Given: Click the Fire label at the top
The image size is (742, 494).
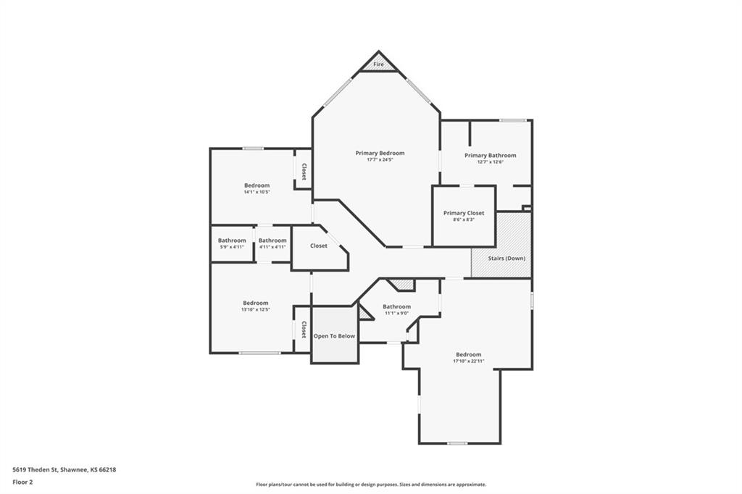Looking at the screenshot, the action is click(x=378, y=64).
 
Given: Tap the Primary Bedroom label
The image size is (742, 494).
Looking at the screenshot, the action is click(x=380, y=153).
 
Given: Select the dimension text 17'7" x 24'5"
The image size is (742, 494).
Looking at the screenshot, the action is click(x=380, y=160).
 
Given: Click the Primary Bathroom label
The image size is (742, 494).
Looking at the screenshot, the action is click(x=491, y=155).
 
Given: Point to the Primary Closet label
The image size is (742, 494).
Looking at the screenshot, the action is click(x=464, y=213).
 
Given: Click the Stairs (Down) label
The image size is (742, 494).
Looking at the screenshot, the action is click(x=507, y=259).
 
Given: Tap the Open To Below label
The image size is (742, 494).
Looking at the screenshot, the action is click(x=334, y=336).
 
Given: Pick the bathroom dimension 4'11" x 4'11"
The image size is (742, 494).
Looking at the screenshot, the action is click(x=272, y=247).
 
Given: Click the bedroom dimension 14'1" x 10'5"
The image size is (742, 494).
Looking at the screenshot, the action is click(x=257, y=192).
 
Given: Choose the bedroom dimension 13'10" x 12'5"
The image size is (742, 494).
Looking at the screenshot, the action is click(x=256, y=309).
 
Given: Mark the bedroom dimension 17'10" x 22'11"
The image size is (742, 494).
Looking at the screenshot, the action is click(x=469, y=361).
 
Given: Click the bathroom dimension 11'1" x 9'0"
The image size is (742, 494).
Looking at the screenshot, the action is click(x=396, y=313).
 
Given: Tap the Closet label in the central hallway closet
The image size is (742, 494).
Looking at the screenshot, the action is click(x=319, y=246).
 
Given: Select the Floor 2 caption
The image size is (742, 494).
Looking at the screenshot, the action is click(x=22, y=482).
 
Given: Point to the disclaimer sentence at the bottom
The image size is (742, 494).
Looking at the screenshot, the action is click(x=371, y=485).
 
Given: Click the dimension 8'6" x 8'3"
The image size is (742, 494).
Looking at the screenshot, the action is click(x=464, y=219).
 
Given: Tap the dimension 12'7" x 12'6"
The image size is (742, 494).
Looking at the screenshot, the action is click(x=491, y=162).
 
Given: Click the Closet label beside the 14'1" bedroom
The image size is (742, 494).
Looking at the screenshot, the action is click(x=304, y=172).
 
